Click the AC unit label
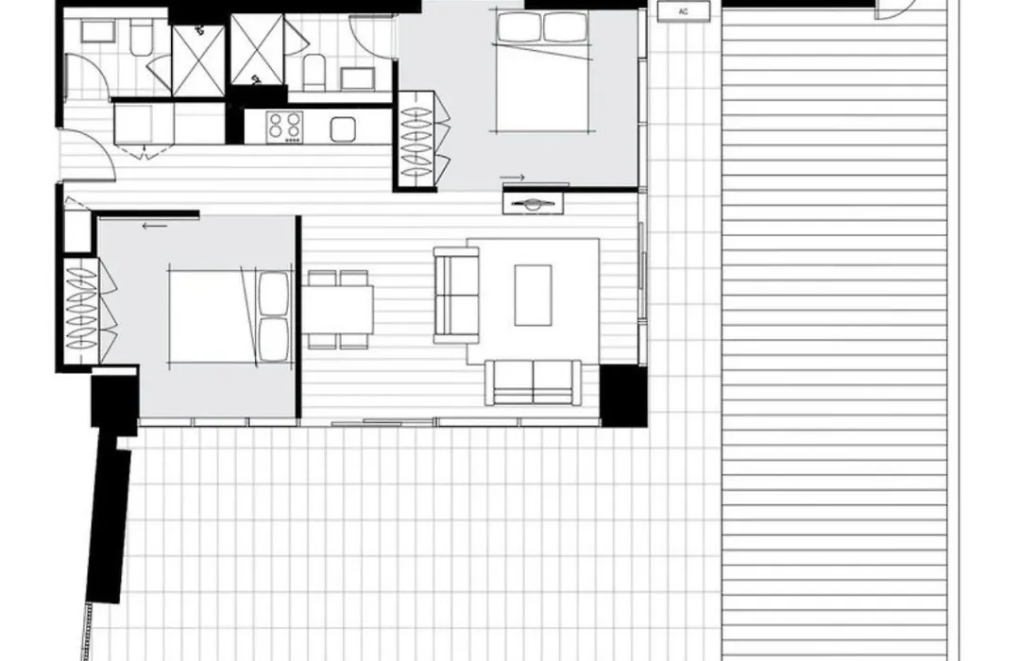click(x=683, y=11)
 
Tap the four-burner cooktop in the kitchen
click(x=285, y=127)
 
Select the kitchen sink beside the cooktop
click(x=343, y=128)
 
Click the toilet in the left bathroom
click(x=141, y=39)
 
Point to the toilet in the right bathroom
click(x=314, y=72)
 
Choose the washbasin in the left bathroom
click(x=98, y=31)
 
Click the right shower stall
click(x=258, y=50)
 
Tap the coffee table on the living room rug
click(x=534, y=295)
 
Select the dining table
click(x=337, y=309)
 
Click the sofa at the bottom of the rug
click(x=534, y=382)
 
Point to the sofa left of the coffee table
click(x=456, y=295)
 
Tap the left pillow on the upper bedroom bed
click(x=518, y=27)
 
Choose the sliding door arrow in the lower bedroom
click(x=155, y=227)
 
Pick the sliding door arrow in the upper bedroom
click(x=513, y=177)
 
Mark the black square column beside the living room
click(x=623, y=396)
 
